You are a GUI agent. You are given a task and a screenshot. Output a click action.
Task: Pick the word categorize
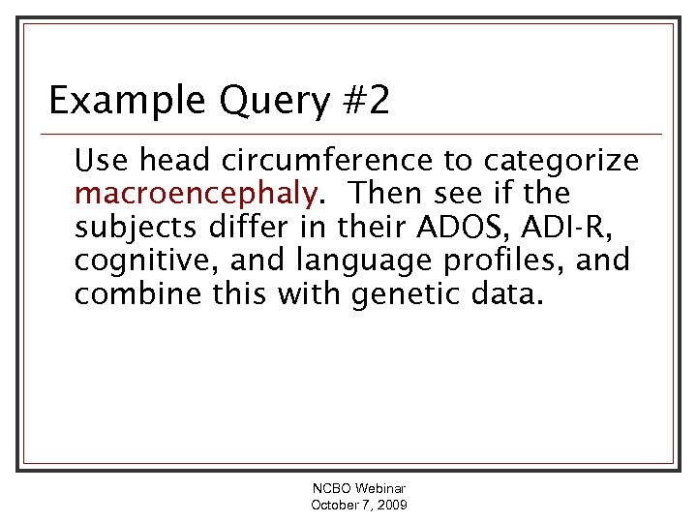[562, 160]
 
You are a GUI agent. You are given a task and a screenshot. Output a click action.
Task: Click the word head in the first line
[172, 160]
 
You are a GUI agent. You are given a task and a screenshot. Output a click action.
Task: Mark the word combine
[136, 293]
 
